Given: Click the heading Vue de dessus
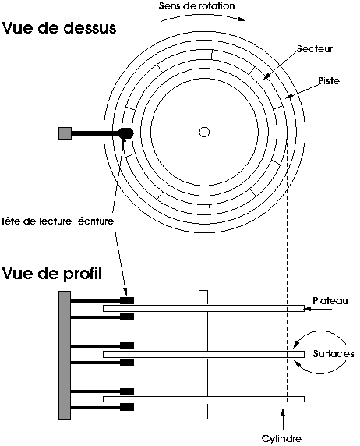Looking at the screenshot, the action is click(59, 28).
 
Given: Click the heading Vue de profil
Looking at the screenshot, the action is click(52, 274).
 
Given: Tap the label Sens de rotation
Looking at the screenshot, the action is click(197, 6).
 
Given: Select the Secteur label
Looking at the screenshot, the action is click(315, 48).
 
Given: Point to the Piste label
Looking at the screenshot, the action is click(329, 81).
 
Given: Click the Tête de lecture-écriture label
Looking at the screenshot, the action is click(58, 221).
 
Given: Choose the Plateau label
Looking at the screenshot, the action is click(330, 301).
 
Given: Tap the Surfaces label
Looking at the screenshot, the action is click(334, 353).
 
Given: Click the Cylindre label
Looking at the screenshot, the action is click(281, 438).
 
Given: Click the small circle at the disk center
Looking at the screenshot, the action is click(204, 132).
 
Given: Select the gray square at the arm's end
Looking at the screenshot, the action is click(65, 133).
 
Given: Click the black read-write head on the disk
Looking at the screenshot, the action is click(125, 133).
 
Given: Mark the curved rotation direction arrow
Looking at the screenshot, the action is click(203, 15).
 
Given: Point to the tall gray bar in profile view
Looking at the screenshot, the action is click(65, 356).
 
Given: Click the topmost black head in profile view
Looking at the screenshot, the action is click(127, 300).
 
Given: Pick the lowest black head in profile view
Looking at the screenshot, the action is click(127, 407).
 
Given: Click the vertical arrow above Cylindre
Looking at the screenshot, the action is click(283, 419).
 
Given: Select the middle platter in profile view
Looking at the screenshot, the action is click(203, 354).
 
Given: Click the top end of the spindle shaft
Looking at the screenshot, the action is click(203, 291).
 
